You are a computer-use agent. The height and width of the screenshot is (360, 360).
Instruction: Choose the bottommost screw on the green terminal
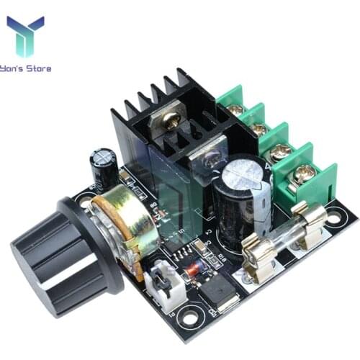click(304, 173)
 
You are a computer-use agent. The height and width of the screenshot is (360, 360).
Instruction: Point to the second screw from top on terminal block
click(258, 130)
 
